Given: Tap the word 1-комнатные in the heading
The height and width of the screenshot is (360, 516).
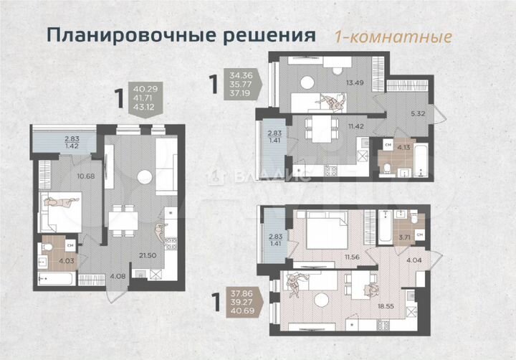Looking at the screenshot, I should point(393,36).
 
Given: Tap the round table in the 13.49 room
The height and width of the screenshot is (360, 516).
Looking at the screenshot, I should point(307,82).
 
